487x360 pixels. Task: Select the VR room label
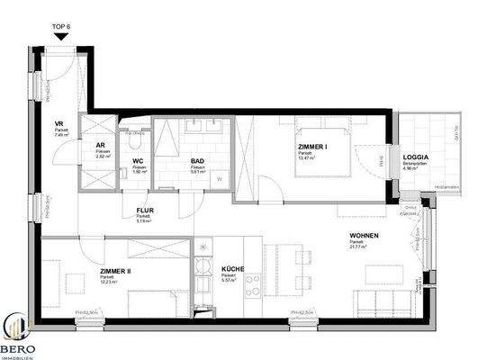click(58, 125)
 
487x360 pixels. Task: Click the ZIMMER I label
click(312, 145)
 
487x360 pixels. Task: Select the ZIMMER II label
click(115, 271)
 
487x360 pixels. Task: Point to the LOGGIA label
click(416, 157)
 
